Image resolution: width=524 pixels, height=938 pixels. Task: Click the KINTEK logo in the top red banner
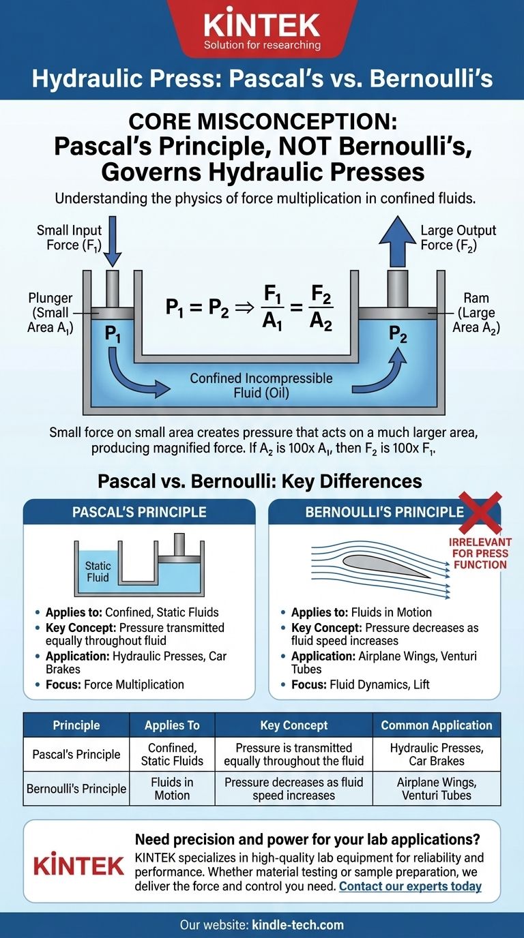pos(262,26)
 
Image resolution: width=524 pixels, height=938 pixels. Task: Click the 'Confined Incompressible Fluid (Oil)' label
pos(261,384)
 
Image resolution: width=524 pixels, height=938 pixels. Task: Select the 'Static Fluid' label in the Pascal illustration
pos(98,571)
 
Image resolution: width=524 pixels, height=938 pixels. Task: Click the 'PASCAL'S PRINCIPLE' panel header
pos(139,513)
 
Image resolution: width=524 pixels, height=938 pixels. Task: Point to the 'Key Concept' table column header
pos(293,725)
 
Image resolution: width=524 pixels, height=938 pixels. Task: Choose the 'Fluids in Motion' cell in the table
pos(172,788)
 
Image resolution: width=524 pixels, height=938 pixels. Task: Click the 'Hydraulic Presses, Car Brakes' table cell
pos(437,754)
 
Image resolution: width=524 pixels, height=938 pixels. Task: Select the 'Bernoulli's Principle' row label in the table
pos(76,788)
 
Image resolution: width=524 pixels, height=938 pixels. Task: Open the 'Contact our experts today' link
pos(410,886)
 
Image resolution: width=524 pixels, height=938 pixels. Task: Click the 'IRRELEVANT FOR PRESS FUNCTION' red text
pos(478,553)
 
